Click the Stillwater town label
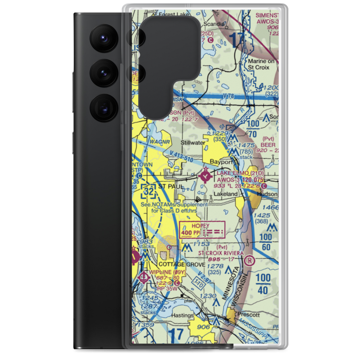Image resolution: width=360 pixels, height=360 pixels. [x=193, y=143]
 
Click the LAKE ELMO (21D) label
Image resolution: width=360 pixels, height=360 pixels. [x=240, y=173]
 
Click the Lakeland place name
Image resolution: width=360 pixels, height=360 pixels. [x=226, y=194]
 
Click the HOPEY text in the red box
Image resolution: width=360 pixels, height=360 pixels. [x=200, y=226]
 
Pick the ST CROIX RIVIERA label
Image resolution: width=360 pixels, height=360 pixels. [x=221, y=253]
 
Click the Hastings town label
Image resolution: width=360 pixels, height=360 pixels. [x=183, y=316]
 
